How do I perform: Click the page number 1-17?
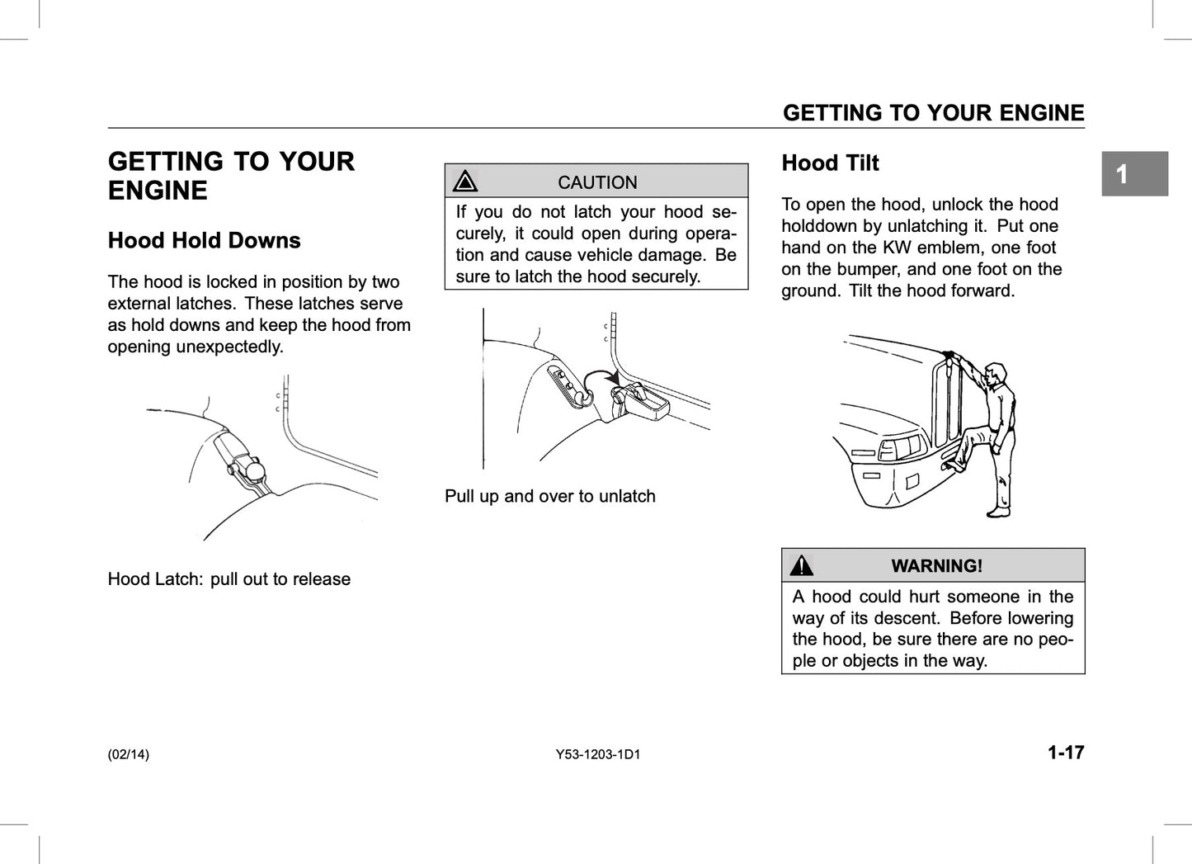point(1065,753)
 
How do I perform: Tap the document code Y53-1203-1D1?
point(597,754)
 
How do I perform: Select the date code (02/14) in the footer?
point(129,754)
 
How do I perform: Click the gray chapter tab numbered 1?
point(1134,174)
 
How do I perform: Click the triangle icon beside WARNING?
point(801,566)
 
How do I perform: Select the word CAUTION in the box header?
point(597,182)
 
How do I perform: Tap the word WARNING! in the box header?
point(936,566)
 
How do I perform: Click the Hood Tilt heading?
point(830,163)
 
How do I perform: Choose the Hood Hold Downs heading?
point(204,241)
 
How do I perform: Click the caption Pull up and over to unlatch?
point(549,497)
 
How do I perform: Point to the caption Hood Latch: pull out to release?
point(229,579)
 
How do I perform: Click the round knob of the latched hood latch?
point(256,470)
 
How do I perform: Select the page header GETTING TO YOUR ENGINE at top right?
point(933,113)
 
